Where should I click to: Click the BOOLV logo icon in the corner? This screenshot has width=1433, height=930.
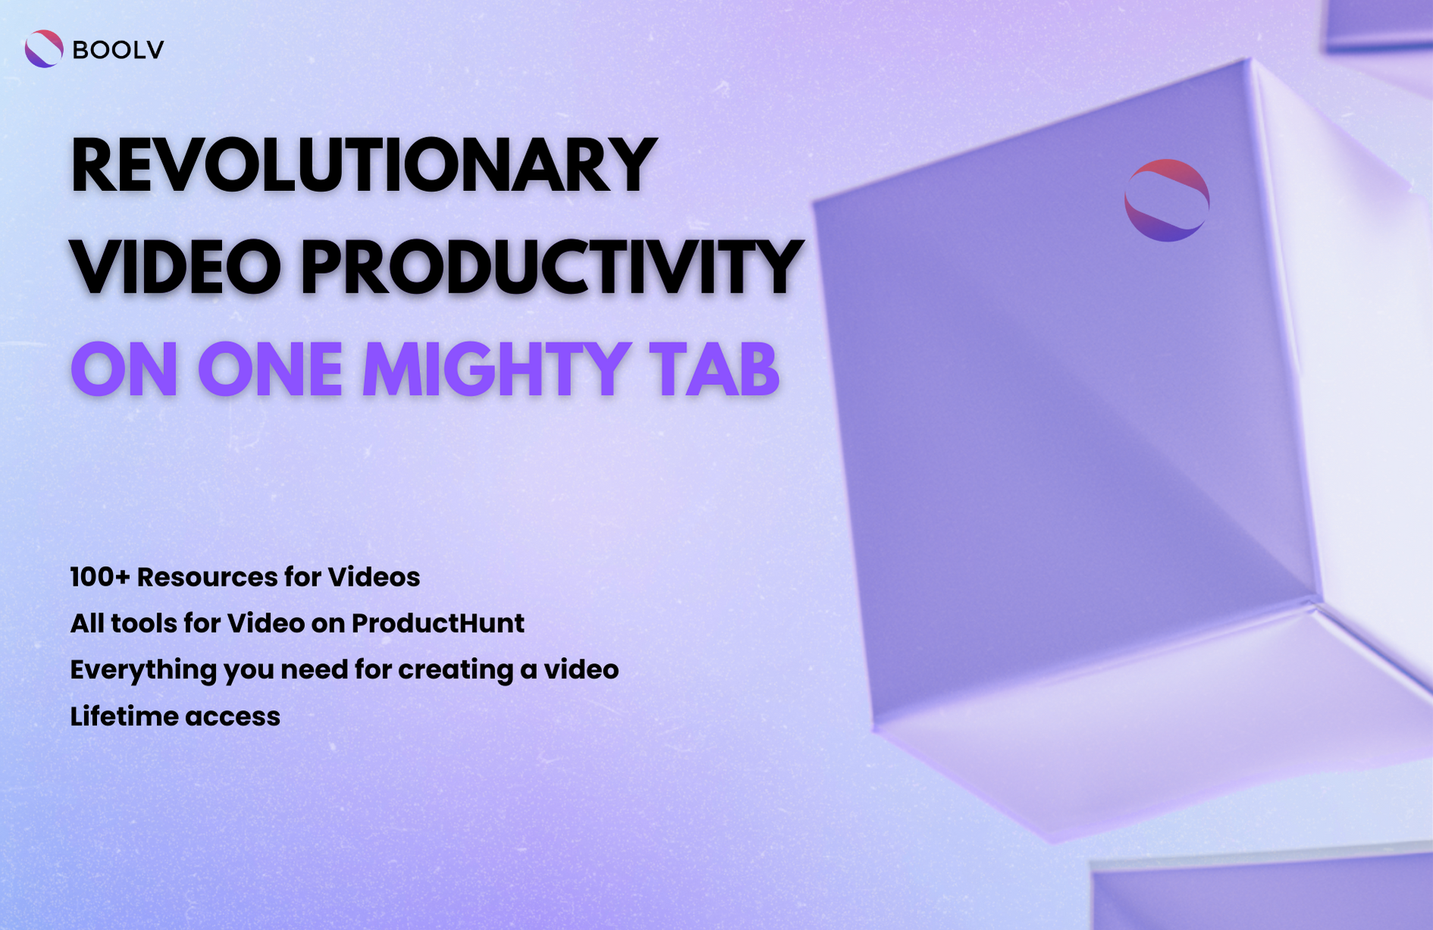click(44, 49)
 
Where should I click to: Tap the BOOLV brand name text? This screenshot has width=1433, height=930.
click(118, 50)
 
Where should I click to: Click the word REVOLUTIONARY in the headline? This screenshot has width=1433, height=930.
click(362, 165)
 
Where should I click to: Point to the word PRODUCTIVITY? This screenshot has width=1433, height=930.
click(551, 267)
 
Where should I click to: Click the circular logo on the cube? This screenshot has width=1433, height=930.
click(1166, 200)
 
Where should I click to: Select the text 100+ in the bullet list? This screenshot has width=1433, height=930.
click(100, 578)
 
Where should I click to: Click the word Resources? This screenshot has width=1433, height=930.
click(207, 578)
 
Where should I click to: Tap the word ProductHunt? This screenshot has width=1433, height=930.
click(437, 624)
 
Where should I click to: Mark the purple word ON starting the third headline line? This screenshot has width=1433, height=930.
click(124, 370)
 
